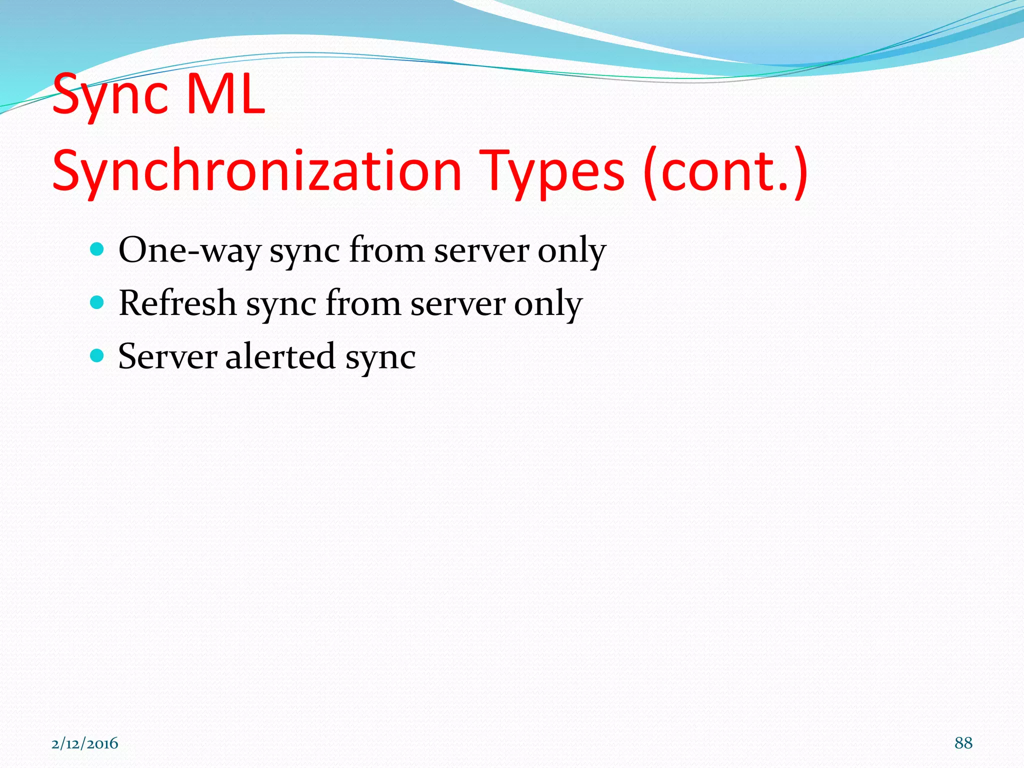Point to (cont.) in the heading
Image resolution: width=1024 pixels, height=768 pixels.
point(725,171)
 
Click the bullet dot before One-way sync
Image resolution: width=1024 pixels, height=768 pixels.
point(97,248)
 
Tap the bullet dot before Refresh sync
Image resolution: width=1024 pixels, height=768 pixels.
point(97,302)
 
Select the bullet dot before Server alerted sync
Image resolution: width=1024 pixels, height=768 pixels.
point(97,355)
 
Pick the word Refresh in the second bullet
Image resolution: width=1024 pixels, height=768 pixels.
point(177,303)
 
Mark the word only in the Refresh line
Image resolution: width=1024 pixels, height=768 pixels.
point(548,304)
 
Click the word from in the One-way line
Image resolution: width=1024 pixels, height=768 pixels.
point(386,249)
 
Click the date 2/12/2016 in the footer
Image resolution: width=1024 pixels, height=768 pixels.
point(84,743)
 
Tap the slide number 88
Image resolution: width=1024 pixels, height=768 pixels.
point(963,743)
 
